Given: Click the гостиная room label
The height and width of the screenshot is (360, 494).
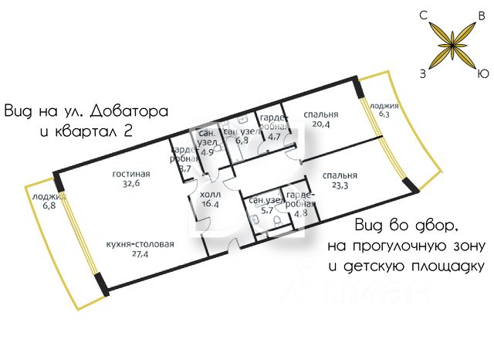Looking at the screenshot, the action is pos(131,174).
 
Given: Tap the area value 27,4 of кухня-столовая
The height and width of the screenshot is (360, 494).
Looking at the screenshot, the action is pos(140,253).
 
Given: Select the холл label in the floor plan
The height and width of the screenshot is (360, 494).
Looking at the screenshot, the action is pos(210,195).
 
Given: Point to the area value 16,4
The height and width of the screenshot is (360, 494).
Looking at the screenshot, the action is pos(210,204).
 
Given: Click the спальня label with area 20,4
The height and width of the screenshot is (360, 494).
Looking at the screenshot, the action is pos(321,114).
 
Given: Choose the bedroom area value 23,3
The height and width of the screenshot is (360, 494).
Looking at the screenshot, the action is pos(340,185).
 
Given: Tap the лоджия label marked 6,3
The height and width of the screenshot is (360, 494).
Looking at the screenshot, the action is pos(384,106).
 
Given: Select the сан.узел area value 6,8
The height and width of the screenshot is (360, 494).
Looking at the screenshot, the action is pos(242,141).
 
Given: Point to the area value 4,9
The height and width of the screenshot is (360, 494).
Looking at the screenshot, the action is pos(207,152).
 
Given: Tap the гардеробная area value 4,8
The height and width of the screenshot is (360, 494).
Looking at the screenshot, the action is pos(301,213).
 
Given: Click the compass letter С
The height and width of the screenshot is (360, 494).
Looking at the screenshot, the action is pos(424,15).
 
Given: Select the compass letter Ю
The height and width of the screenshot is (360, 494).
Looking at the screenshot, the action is pos(483,73).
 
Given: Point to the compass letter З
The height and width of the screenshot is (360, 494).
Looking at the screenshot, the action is pos(423,73).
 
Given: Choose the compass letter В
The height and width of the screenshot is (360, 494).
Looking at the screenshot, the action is pos(482,15).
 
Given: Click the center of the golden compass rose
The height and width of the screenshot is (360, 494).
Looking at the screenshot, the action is pos(452,46).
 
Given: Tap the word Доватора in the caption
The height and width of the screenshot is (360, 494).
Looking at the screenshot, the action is pos(129,111).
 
